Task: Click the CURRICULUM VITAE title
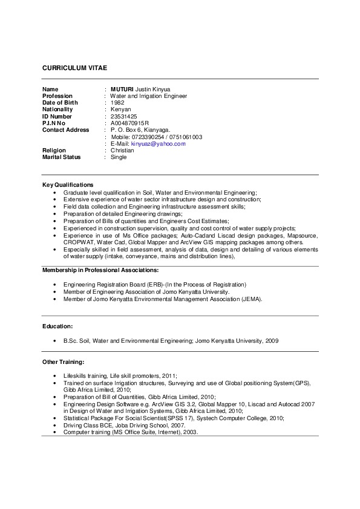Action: (x=74, y=68)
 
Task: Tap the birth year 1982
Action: (x=117, y=103)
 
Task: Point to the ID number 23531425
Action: (x=123, y=116)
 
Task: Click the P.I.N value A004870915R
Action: (x=129, y=123)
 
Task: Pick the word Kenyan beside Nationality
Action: (x=120, y=109)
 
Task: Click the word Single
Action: (x=119, y=157)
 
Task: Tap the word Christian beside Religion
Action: (x=122, y=151)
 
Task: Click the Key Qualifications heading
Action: (x=68, y=184)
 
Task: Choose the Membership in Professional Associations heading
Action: (x=100, y=270)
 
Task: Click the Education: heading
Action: (x=57, y=326)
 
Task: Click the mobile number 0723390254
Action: (x=148, y=137)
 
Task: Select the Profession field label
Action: (x=57, y=96)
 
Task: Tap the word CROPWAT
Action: (x=77, y=242)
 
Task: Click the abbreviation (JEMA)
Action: (x=252, y=299)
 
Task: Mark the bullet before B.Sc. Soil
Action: (x=56, y=341)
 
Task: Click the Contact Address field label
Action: (x=65, y=130)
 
